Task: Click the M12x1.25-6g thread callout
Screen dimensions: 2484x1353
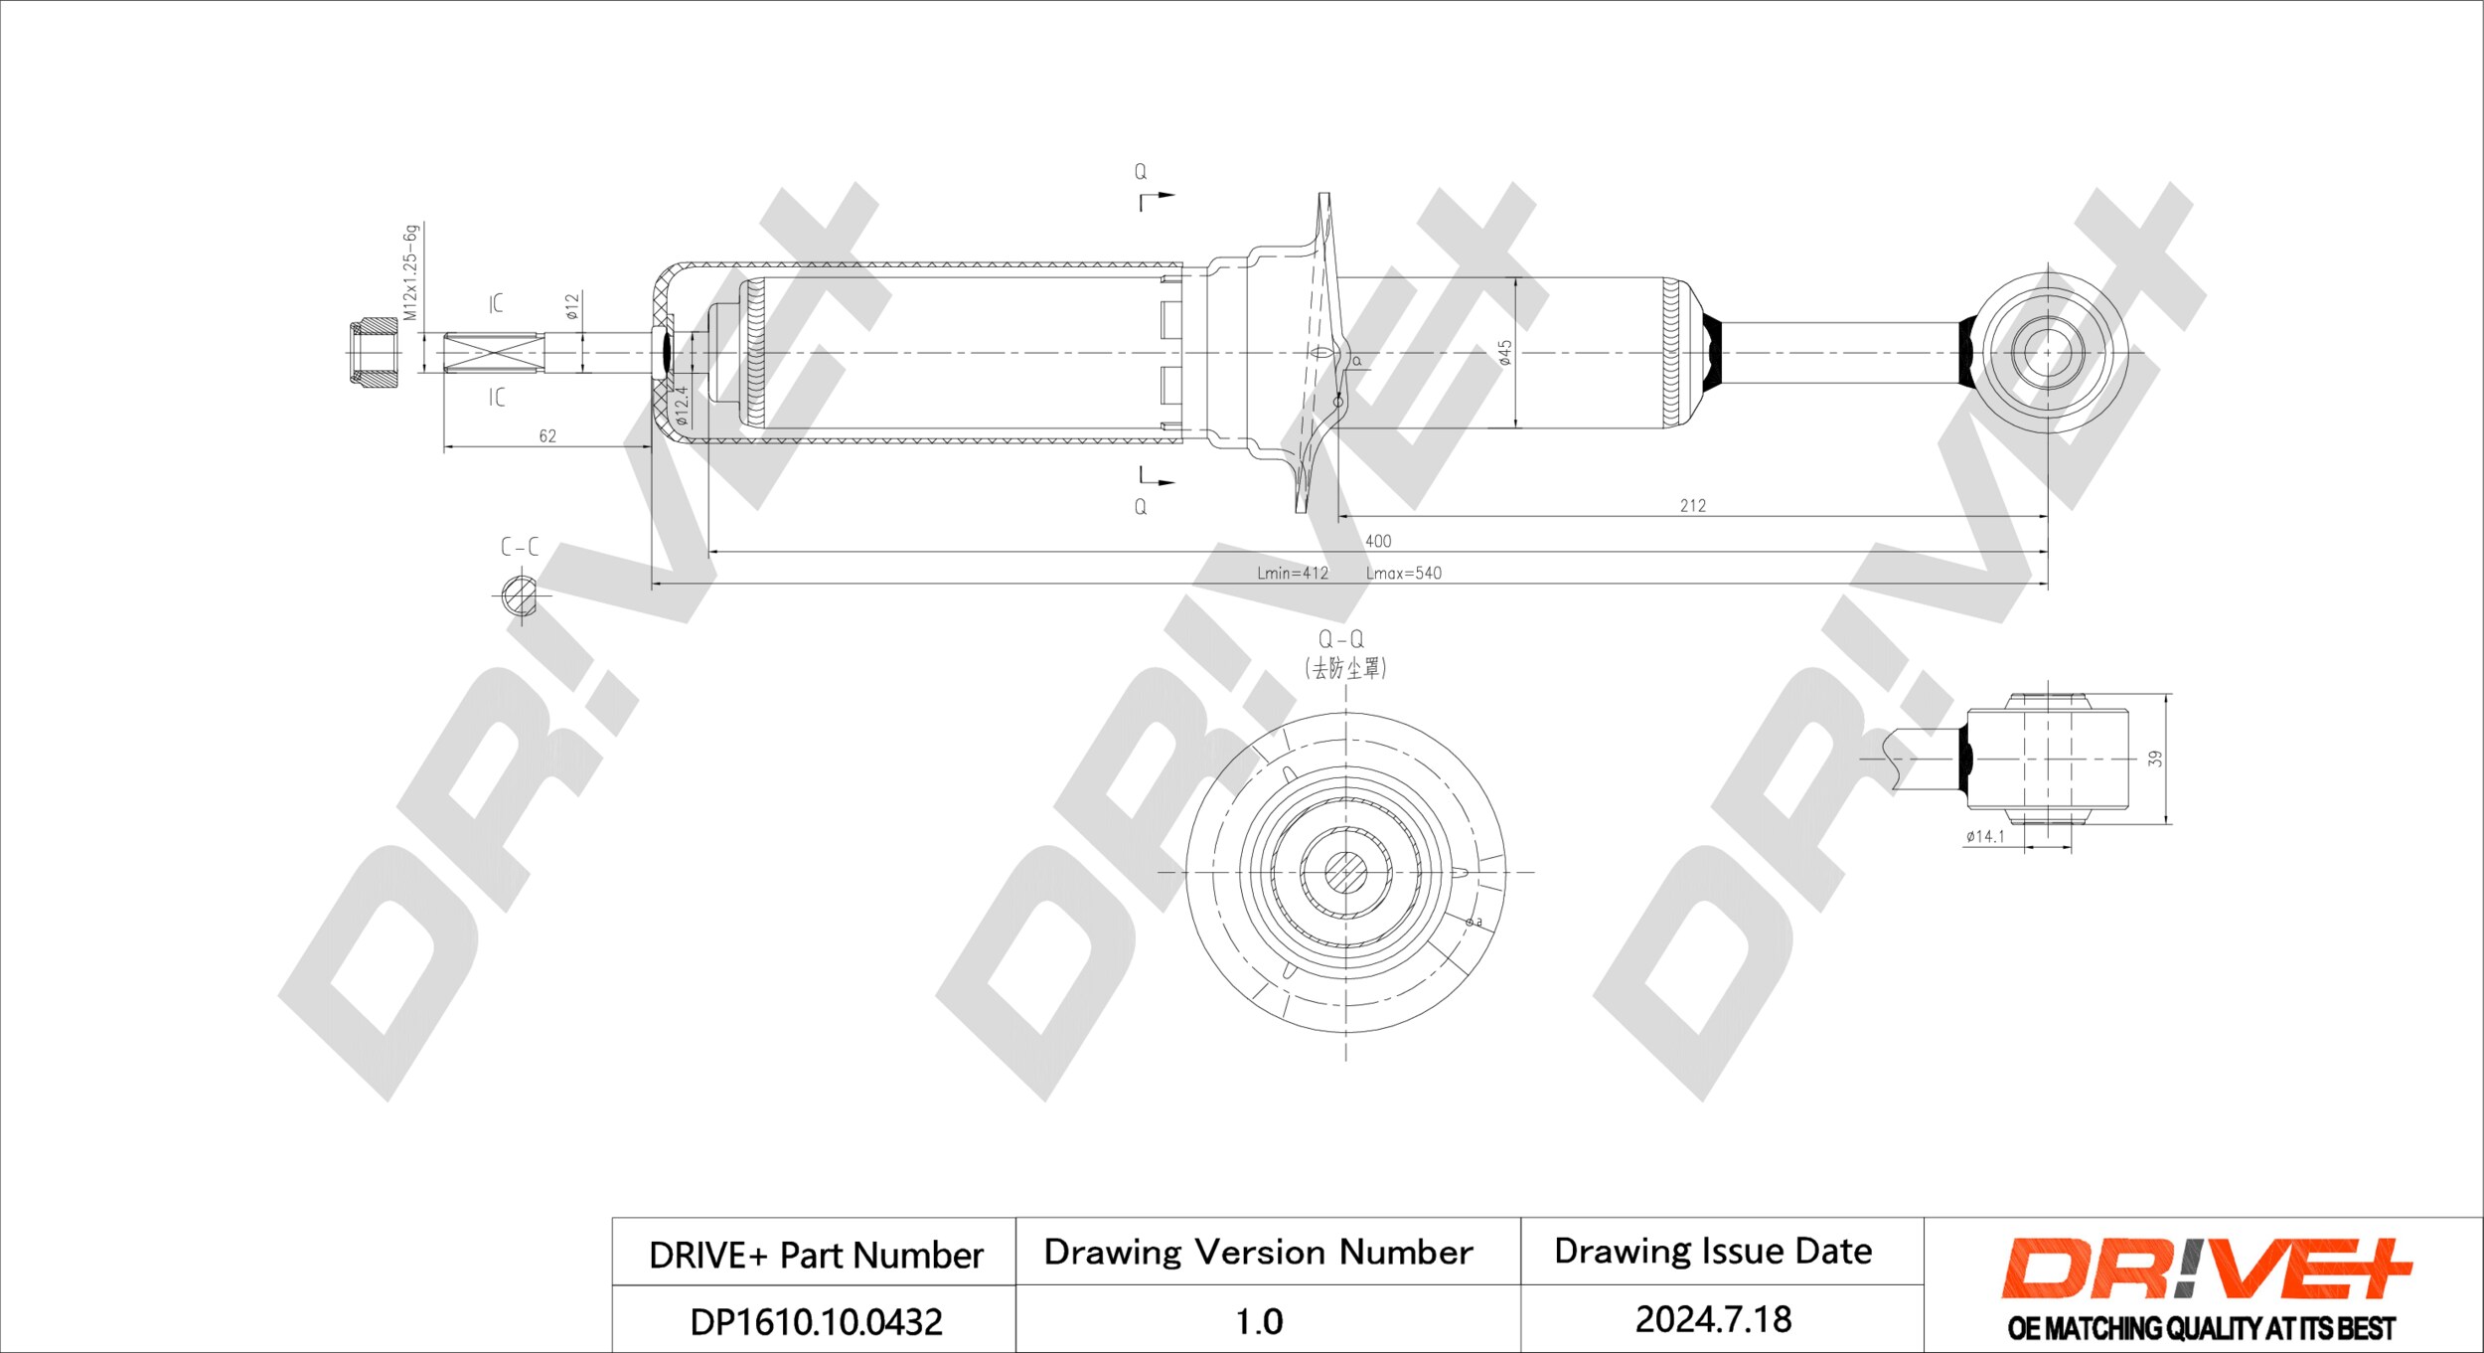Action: pyautogui.click(x=410, y=271)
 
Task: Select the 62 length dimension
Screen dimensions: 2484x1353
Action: pyautogui.click(x=547, y=435)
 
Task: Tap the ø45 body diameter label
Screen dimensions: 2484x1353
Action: pyautogui.click(x=1505, y=353)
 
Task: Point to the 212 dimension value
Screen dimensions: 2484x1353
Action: pyautogui.click(x=1693, y=505)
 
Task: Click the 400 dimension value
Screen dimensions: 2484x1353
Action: pyautogui.click(x=1378, y=541)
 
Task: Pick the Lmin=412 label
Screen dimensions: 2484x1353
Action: pyautogui.click(x=1292, y=573)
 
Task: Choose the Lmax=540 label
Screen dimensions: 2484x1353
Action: pyautogui.click(x=1404, y=573)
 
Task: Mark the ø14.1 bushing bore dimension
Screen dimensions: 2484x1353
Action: pyautogui.click(x=1985, y=836)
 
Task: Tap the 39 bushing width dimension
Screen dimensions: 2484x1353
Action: pyautogui.click(x=2154, y=758)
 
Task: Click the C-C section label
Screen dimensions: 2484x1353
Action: pyautogui.click(x=520, y=547)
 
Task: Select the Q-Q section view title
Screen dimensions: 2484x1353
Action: pyautogui.click(x=1341, y=639)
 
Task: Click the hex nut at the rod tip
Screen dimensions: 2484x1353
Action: pyautogui.click(x=374, y=352)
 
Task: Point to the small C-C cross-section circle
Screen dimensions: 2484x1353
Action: pyautogui.click(x=518, y=594)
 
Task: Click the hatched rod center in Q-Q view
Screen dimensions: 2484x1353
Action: pyautogui.click(x=1345, y=872)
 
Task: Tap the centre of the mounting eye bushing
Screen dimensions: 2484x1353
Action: pyautogui.click(x=2047, y=352)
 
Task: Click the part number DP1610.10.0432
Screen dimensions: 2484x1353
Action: pyautogui.click(x=816, y=1321)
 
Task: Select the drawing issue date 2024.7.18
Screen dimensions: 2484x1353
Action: pyautogui.click(x=1714, y=1319)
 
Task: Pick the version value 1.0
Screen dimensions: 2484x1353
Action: pyautogui.click(x=1259, y=1321)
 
